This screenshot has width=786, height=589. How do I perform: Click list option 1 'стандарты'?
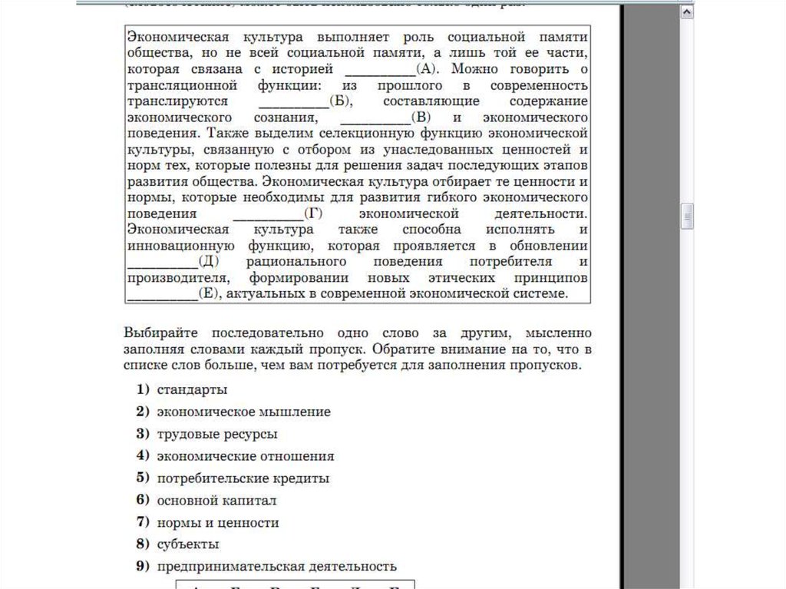tap(192, 389)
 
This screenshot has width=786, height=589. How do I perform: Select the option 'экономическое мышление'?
tap(243, 412)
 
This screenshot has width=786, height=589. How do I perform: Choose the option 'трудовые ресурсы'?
tap(216, 434)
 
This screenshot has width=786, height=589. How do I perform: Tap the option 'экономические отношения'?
tap(245, 456)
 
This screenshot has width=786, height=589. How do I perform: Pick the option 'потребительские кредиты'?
tap(243, 478)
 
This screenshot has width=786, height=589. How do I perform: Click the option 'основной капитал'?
tap(216, 501)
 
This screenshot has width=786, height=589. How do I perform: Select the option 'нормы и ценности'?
tap(217, 523)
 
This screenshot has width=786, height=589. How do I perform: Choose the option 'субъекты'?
tap(188, 544)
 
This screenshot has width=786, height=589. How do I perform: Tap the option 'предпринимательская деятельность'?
tap(276, 567)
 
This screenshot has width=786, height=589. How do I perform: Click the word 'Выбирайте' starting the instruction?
tap(161, 333)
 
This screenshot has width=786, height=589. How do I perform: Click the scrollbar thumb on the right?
tap(687, 217)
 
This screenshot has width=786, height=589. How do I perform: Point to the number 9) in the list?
tap(142, 567)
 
